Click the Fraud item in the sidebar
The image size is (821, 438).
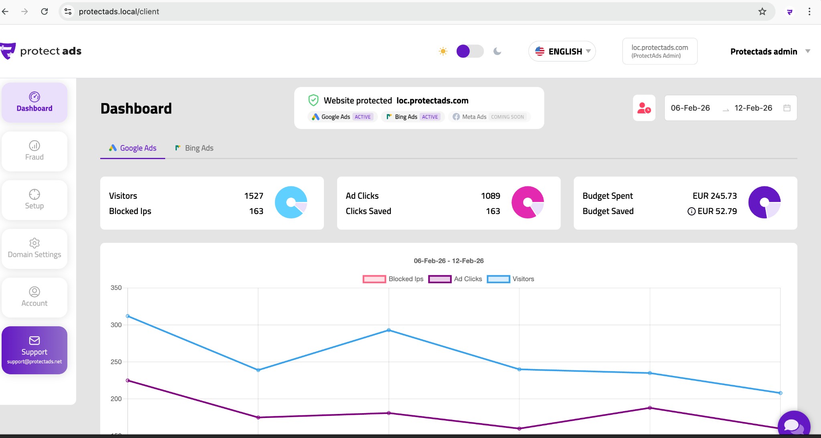[34, 151]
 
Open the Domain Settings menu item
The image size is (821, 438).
[34, 248]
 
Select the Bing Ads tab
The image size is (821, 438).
[194, 148]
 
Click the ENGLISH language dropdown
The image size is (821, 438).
[562, 51]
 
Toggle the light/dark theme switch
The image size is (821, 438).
[470, 51]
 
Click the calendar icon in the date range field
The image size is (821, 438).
[787, 108]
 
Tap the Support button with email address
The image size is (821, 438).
[34, 350]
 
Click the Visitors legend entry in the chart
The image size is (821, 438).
[510, 279]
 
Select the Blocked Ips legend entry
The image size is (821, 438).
[393, 279]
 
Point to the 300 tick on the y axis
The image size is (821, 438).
[116, 325]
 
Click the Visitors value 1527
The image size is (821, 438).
[253, 196]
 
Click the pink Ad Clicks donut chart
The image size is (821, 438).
[528, 202]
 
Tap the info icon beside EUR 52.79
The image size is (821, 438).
[691, 211]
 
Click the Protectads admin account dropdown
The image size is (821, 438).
[770, 51]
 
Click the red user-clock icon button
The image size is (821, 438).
[644, 108]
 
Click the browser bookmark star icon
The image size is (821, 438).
[762, 12]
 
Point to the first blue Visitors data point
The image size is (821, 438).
[128, 316]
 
